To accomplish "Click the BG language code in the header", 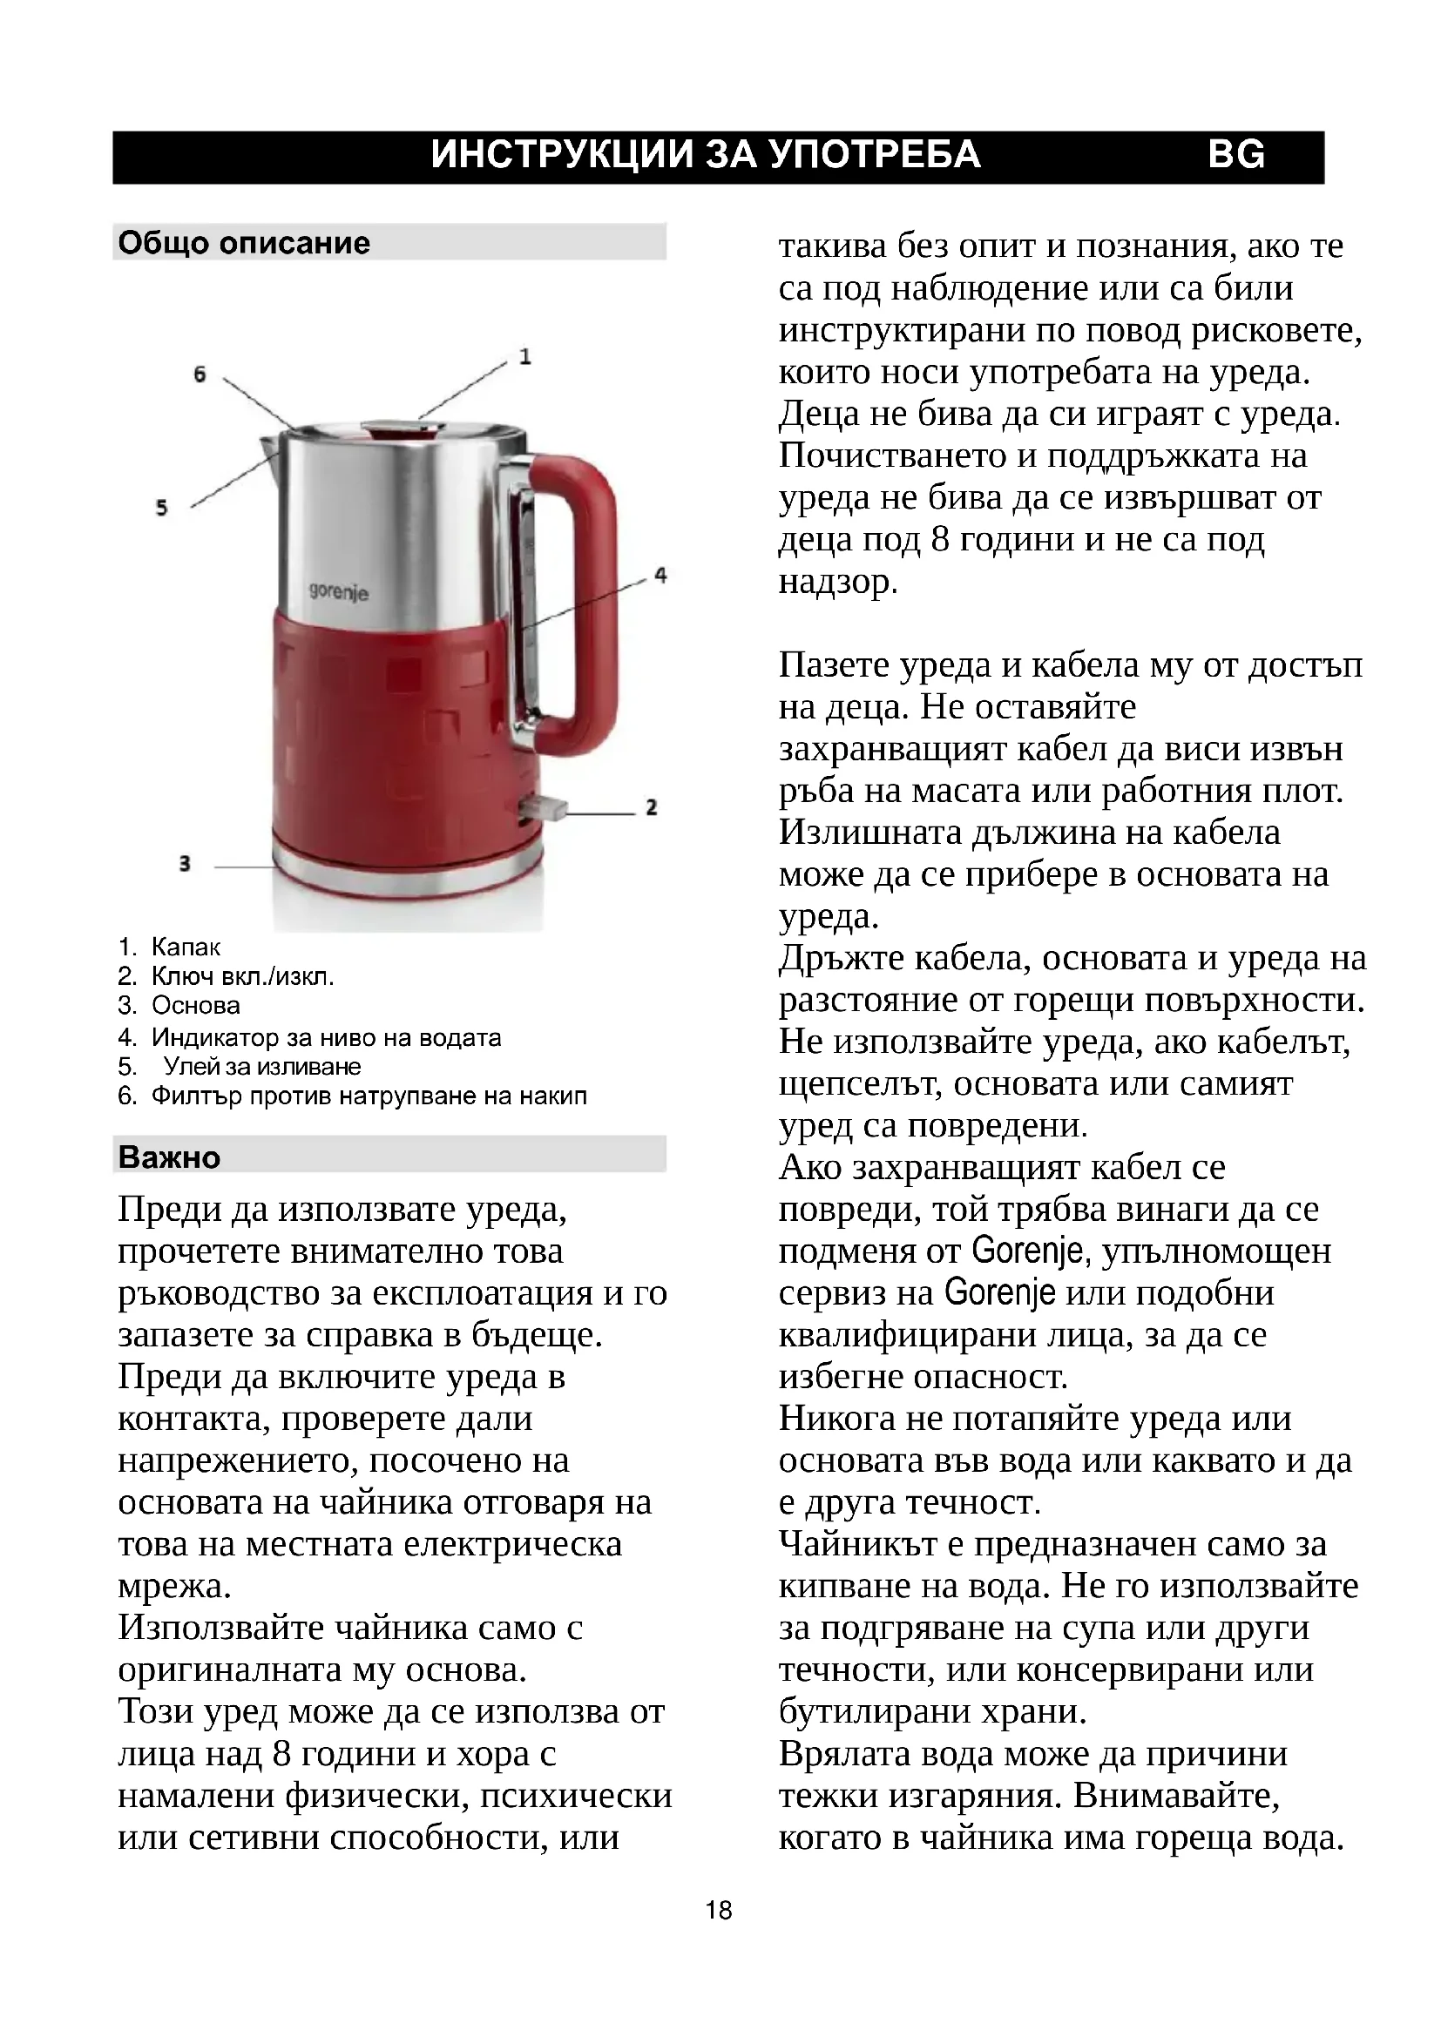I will tap(1236, 155).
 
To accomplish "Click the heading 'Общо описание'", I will tap(244, 243).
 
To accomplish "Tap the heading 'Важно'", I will tap(169, 1157).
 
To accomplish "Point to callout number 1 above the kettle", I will tap(525, 357).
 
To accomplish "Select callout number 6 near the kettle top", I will tap(200, 374).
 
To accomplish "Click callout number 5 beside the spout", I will tap(161, 509).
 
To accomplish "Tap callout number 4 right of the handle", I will tap(660, 575).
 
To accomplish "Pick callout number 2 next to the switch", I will tap(652, 807).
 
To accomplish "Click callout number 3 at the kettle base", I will tap(185, 863).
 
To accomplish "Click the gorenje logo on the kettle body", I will tap(338, 591).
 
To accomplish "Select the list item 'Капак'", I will tap(186, 947).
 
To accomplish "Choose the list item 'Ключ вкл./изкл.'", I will tap(242, 977).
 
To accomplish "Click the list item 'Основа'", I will tap(195, 1006).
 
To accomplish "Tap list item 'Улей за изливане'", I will tap(261, 1067).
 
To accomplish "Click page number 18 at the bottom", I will tap(719, 1910).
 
